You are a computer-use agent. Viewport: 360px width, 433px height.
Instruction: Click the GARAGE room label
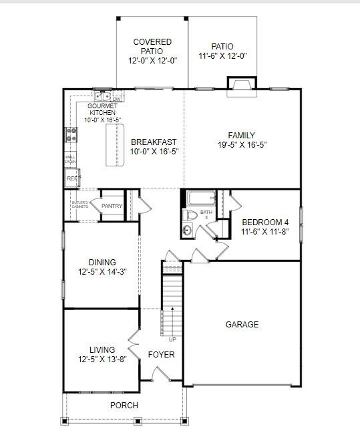(242, 325)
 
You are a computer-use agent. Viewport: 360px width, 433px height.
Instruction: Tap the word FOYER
(161, 355)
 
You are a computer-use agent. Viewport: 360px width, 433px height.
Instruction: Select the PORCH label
(124, 406)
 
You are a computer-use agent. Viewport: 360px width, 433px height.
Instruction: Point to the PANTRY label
(112, 206)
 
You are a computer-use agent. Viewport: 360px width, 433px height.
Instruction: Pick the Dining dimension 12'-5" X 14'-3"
(102, 272)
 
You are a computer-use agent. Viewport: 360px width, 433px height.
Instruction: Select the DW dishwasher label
(116, 99)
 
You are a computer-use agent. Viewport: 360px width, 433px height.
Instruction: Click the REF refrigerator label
(71, 178)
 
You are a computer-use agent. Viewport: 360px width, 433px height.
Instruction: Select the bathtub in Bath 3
(200, 198)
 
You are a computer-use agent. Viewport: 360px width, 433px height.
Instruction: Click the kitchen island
(115, 144)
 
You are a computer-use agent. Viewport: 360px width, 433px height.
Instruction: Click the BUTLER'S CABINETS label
(80, 204)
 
